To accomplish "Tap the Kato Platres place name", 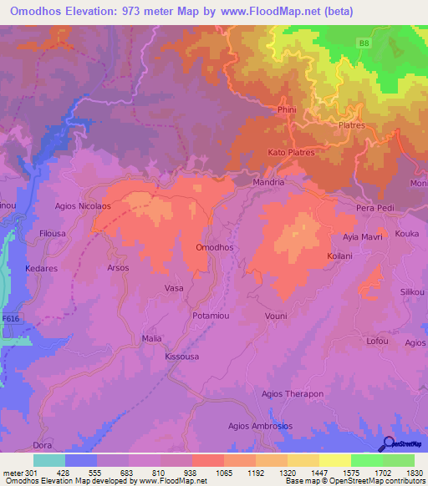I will (290, 153).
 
